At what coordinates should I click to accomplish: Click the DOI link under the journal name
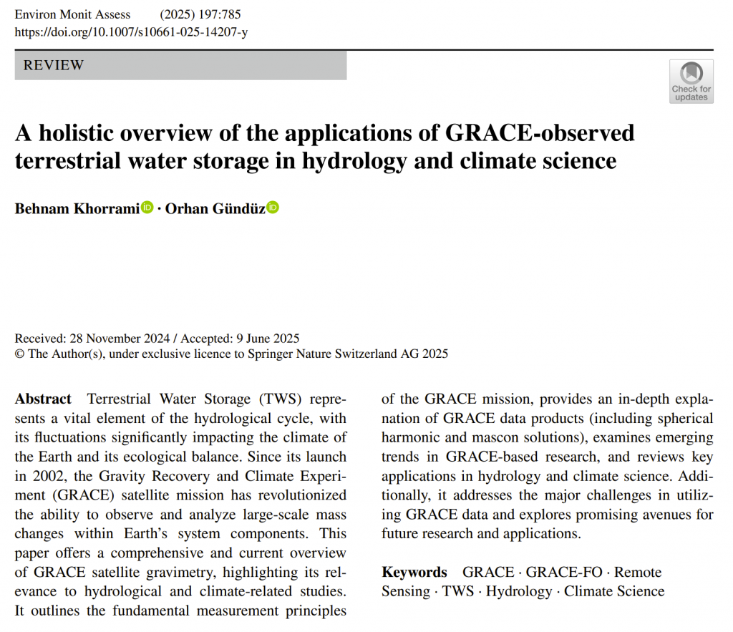[x=131, y=31]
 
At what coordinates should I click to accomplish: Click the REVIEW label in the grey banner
[x=54, y=65]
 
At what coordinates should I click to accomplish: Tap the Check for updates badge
[x=691, y=81]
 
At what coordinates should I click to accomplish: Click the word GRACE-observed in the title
[x=540, y=133]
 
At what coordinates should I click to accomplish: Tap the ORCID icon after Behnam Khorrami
[x=147, y=208]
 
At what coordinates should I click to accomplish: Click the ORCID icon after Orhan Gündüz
[x=273, y=208]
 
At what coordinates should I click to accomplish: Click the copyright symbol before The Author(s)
[x=19, y=354]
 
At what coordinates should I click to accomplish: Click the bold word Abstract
[x=43, y=399]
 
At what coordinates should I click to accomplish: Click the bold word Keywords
[x=414, y=572]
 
